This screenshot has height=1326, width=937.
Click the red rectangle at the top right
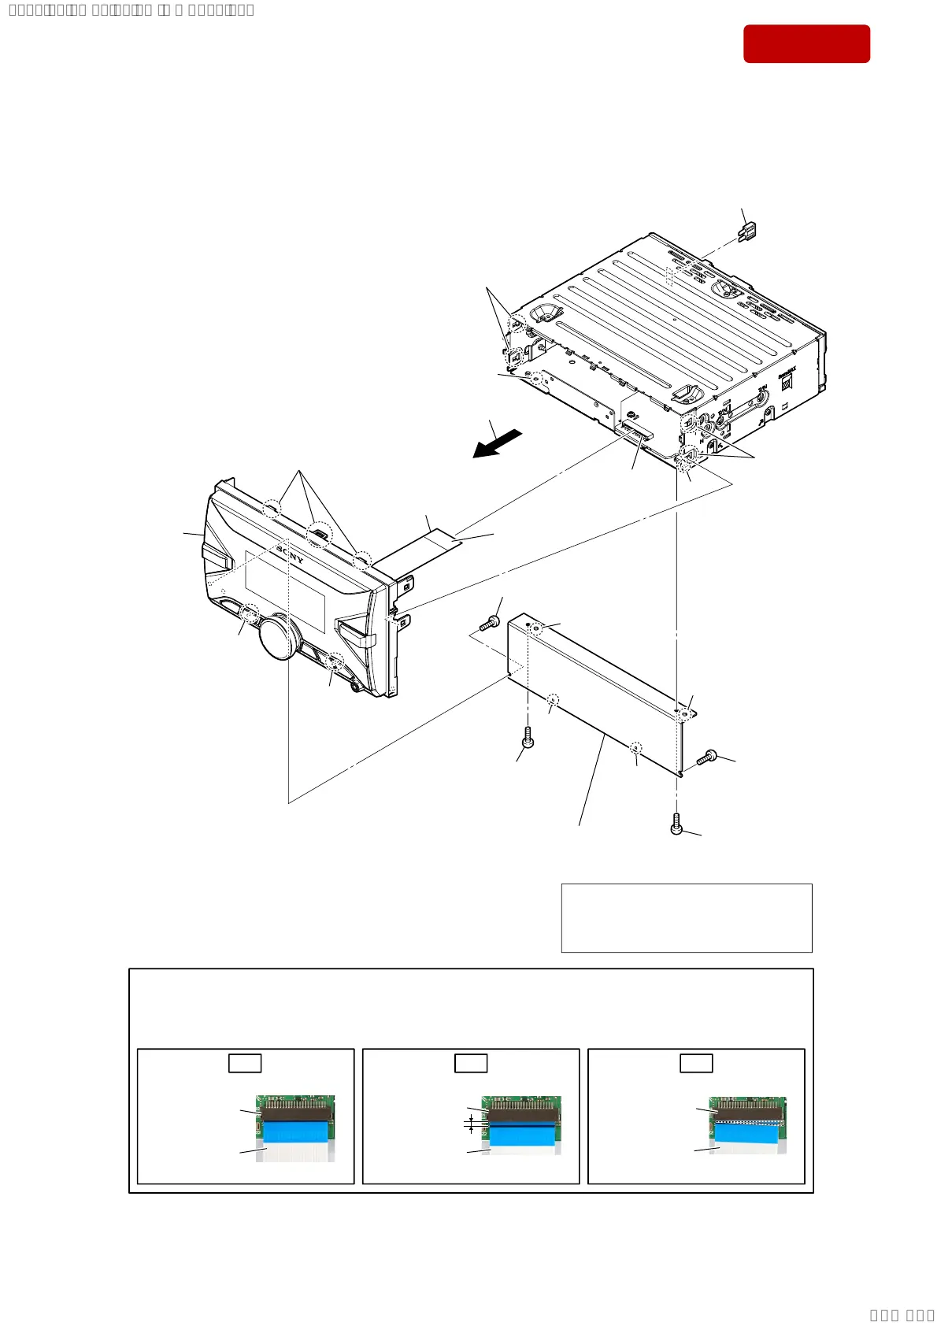(x=806, y=43)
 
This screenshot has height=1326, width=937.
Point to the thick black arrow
(x=497, y=443)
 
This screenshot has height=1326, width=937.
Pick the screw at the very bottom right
(x=676, y=824)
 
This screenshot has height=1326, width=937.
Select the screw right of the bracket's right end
(x=707, y=757)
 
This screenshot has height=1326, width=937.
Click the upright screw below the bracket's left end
(x=528, y=739)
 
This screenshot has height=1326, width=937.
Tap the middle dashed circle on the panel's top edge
(x=319, y=535)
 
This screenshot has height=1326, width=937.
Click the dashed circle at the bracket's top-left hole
(x=536, y=628)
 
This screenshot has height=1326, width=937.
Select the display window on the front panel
(x=285, y=591)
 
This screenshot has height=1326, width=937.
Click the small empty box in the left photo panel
(x=245, y=1063)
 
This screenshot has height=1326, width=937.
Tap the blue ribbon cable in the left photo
(x=295, y=1132)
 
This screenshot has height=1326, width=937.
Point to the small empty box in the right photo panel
(x=696, y=1063)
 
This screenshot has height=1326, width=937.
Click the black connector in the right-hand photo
(x=748, y=1111)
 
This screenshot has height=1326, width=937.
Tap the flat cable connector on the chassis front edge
(x=636, y=429)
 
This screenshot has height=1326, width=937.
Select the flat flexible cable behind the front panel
(x=441, y=539)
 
